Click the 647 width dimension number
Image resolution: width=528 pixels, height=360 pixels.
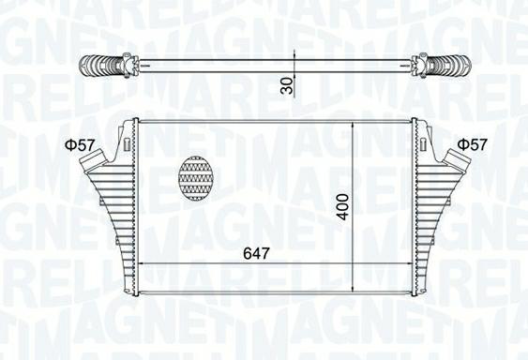click(257, 252)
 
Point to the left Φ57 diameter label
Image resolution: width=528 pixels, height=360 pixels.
click(80, 144)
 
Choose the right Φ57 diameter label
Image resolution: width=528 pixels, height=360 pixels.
click(472, 144)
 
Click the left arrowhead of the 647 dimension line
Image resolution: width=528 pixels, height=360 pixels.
click(143, 264)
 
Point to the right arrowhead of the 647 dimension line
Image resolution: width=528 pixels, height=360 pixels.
click(408, 264)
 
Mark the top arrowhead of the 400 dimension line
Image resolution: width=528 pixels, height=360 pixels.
click(352, 125)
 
